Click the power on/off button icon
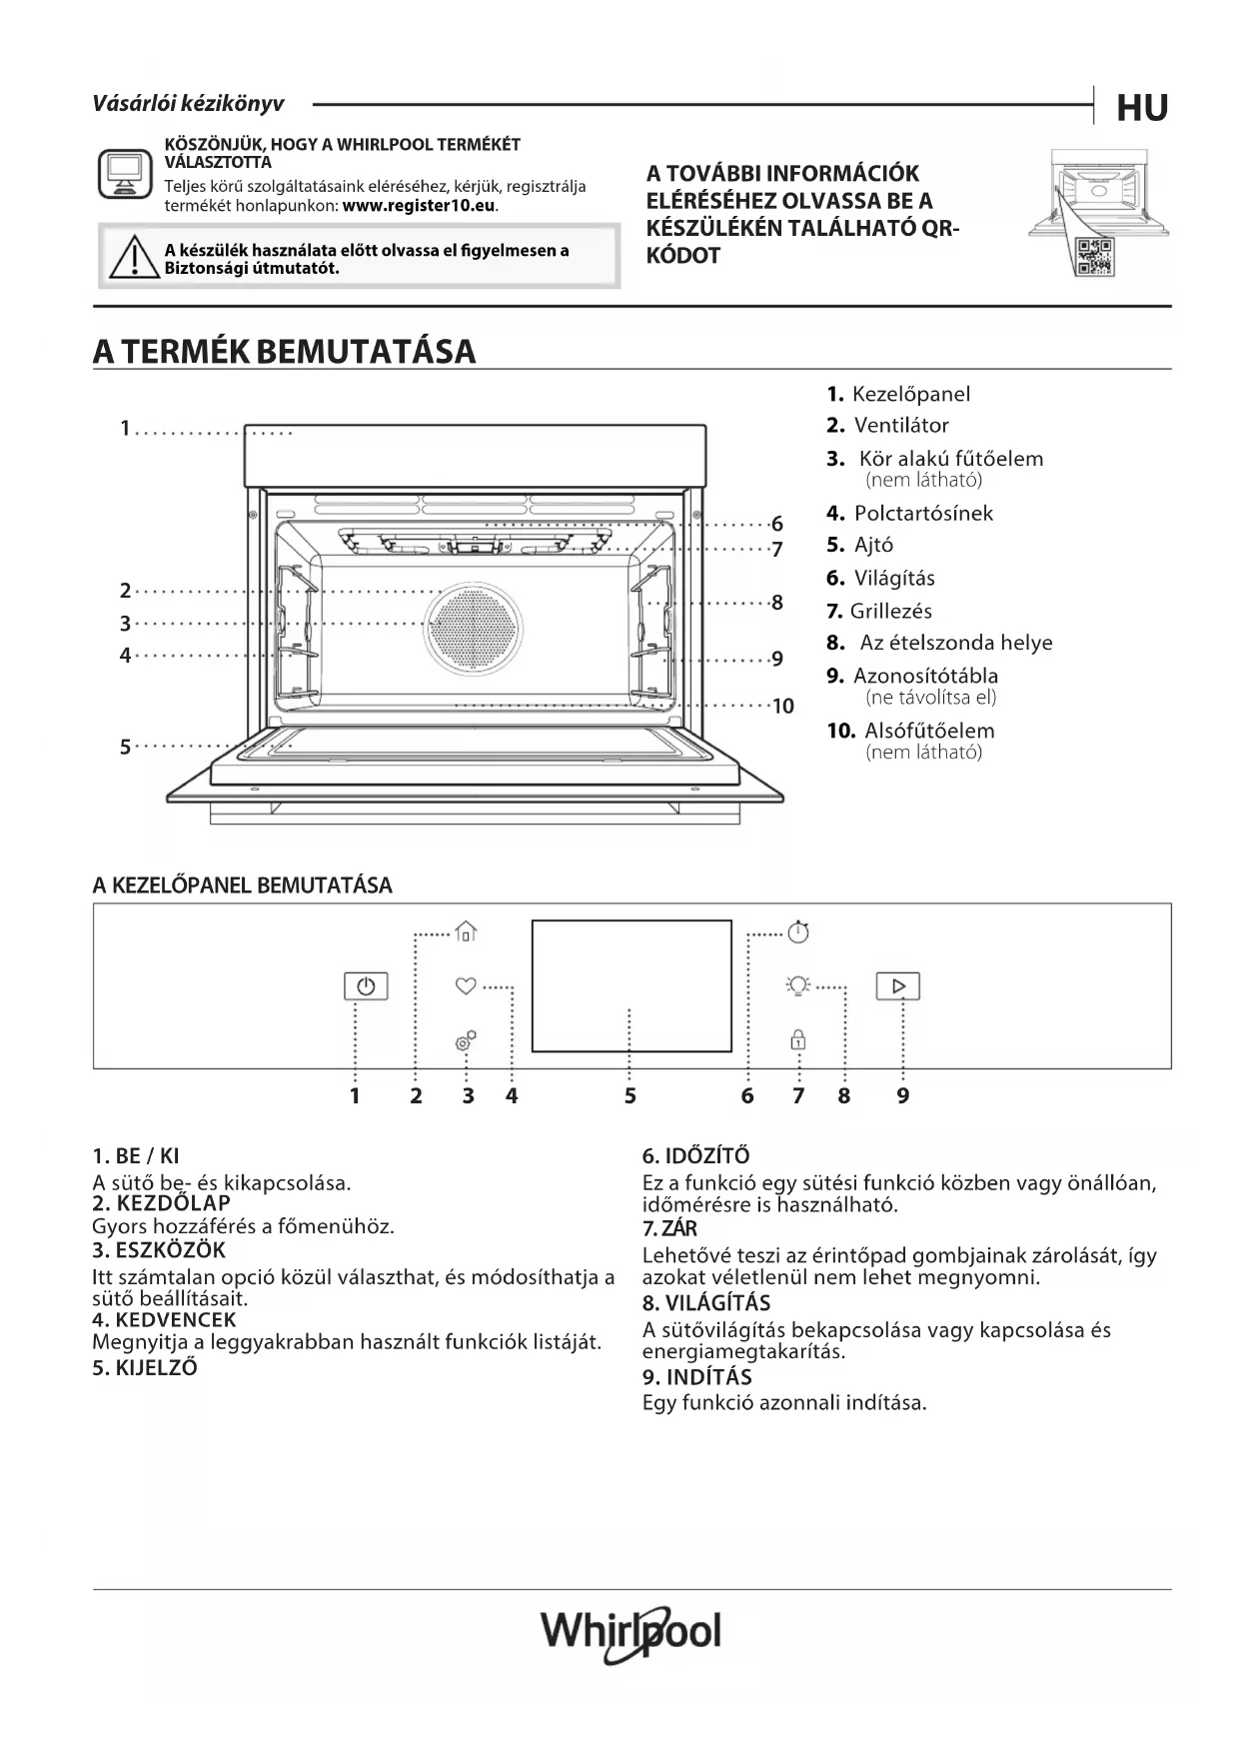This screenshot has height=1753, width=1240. [366, 986]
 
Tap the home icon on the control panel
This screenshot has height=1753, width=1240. [466, 931]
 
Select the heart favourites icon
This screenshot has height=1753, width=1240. [465, 986]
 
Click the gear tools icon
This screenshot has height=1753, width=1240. [466, 1041]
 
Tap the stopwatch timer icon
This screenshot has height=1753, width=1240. [798, 931]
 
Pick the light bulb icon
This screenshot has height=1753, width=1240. [797, 986]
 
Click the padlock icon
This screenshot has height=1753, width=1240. [798, 1039]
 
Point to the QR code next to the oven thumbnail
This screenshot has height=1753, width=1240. [1095, 258]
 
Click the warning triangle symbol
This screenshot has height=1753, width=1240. [127, 259]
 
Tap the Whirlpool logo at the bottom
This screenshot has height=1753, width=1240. [630, 1633]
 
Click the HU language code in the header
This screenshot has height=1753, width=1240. [1142, 107]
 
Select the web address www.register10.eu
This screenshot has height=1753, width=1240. [419, 206]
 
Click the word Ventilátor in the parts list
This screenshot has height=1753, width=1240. [901, 426]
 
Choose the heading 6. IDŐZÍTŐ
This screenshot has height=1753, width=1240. [695, 1156]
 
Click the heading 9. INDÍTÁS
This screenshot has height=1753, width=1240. [696, 1377]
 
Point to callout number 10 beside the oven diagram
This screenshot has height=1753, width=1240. [782, 707]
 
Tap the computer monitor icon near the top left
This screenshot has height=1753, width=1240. [124, 174]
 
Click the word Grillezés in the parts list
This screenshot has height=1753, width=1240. [891, 611]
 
